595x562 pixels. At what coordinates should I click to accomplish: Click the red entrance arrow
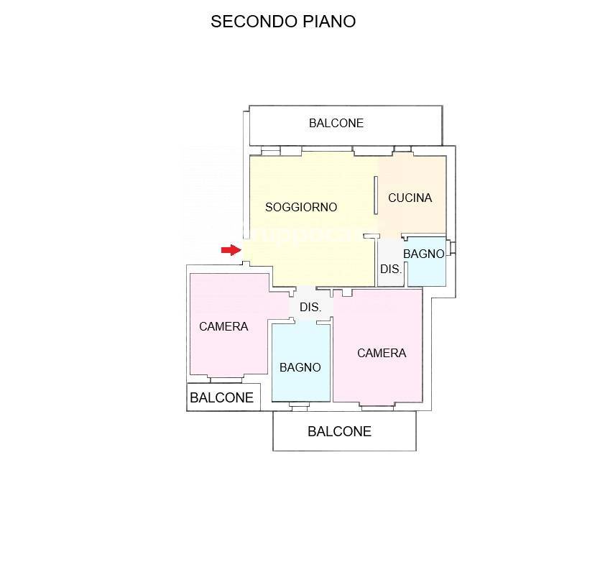(231, 249)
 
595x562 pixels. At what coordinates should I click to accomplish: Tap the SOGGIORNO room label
(301, 207)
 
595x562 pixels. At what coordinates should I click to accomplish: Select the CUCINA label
(410, 198)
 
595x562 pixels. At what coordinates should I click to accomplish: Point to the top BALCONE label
(336, 123)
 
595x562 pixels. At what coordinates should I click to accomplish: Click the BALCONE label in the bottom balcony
(339, 431)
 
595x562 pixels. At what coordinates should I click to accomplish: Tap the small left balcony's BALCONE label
(221, 397)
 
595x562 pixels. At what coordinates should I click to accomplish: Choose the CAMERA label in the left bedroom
(223, 326)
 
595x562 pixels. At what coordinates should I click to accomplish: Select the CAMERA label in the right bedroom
(382, 354)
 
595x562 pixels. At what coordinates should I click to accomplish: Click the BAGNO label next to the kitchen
(423, 254)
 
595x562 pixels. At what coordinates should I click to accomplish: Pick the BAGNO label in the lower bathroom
(300, 367)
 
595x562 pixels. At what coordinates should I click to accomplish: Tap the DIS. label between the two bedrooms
(310, 307)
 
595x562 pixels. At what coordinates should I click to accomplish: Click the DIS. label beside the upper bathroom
(391, 269)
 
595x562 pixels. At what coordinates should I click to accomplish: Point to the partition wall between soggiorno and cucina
(376, 195)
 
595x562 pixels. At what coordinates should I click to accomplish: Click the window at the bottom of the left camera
(226, 379)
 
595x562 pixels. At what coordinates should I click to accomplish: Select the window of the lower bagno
(300, 407)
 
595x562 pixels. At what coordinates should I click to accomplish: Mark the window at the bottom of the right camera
(377, 407)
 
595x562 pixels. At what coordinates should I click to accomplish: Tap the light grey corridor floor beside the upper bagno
(391, 262)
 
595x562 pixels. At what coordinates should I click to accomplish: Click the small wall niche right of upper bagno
(451, 248)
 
